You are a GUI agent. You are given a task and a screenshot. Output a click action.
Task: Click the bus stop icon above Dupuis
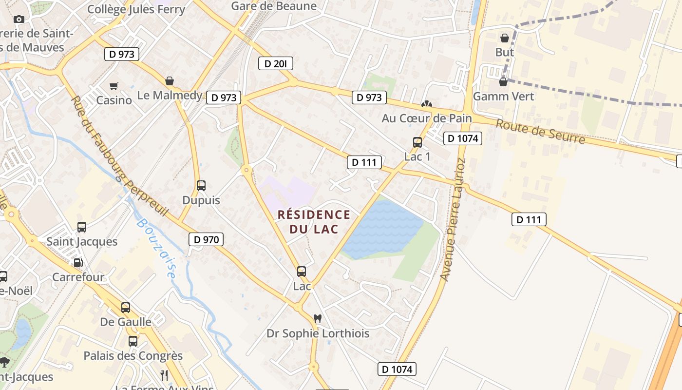(x=201, y=186)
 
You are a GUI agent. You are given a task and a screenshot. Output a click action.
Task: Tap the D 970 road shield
(x=206, y=239)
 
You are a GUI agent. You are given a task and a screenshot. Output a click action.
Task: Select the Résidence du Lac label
(x=314, y=222)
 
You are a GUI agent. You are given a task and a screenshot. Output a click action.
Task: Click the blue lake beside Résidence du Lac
(x=382, y=229)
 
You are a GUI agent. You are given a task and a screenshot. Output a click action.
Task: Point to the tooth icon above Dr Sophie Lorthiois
(x=318, y=319)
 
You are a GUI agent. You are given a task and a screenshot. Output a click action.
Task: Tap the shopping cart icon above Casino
(x=114, y=86)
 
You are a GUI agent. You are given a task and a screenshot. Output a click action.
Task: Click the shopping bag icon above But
(x=505, y=38)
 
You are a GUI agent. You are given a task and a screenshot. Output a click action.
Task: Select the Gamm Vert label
(x=504, y=96)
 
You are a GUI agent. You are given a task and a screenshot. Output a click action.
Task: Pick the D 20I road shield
(x=275, y=63)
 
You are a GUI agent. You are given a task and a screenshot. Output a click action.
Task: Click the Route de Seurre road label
(x=540, y=131)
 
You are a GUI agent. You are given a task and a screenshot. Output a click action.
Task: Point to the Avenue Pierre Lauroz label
(x=453, y=219)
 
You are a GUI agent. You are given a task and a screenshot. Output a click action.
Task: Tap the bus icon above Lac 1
(x=417, y=142)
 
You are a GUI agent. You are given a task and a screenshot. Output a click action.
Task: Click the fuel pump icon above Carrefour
(x=78, y=263)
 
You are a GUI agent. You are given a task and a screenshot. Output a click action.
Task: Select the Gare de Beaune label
(x=274, y=6)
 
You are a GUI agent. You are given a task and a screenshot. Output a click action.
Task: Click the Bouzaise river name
(x=156, y=248)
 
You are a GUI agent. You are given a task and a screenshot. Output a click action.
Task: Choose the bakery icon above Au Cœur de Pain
(x=427, y=104)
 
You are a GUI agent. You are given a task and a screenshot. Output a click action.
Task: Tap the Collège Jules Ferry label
(x=136, y=9)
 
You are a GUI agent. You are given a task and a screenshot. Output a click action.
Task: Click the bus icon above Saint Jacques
(x=82, y=227)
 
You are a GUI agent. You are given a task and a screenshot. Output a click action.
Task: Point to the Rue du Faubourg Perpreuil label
(x=119, y=156)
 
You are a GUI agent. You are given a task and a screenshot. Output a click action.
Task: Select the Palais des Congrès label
(x=133, y=356)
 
